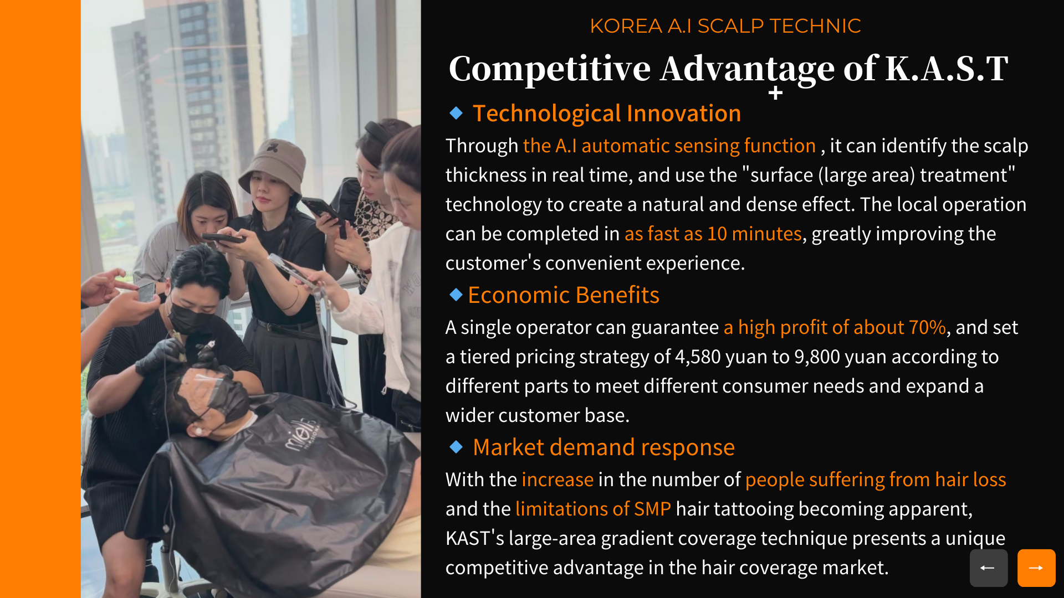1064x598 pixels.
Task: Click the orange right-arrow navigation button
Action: [1036, 568]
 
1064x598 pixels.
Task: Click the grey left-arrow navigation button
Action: [989, 568]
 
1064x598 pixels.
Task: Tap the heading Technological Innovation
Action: [607, 114]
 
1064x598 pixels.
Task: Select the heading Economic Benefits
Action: [564, 295]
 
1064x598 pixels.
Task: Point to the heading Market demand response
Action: [604, 447]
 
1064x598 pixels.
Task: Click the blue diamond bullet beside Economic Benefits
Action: [456, 295]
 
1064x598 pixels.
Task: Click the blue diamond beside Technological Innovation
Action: [456, 113]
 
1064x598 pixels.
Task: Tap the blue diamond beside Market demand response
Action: [456, 446]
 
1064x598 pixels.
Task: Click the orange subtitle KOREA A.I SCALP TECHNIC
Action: [725, 26]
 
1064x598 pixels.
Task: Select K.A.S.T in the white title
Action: [947, 69]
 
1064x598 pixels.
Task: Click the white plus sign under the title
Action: [776, 93]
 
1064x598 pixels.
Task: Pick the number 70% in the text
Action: [927, 327]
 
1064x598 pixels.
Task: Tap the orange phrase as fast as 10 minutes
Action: [713, 234]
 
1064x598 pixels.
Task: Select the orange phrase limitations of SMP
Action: [593, 509]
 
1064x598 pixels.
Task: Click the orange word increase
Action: [557, 480]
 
